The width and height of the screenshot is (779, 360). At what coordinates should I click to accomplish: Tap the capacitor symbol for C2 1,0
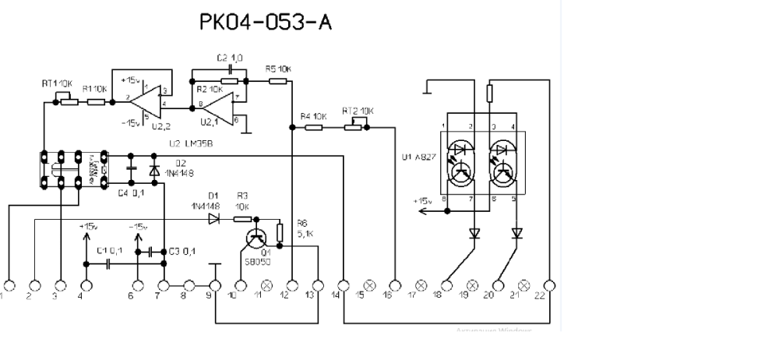[227, 81]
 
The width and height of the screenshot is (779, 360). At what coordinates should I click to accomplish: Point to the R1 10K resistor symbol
[96, 101]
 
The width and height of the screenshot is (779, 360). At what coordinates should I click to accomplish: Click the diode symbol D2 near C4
[153, 169]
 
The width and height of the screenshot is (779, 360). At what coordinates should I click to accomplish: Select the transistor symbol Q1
[256, 239]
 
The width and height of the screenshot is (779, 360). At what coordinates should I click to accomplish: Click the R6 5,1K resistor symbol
[279, 231]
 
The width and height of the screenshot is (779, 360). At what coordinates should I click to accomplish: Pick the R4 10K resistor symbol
[313, 129]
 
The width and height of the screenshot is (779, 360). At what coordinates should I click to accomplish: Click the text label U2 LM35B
[192, 144]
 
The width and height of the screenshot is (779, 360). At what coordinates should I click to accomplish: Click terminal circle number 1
[9, 286]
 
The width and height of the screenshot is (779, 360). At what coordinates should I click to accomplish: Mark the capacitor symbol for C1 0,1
[110, 263]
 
